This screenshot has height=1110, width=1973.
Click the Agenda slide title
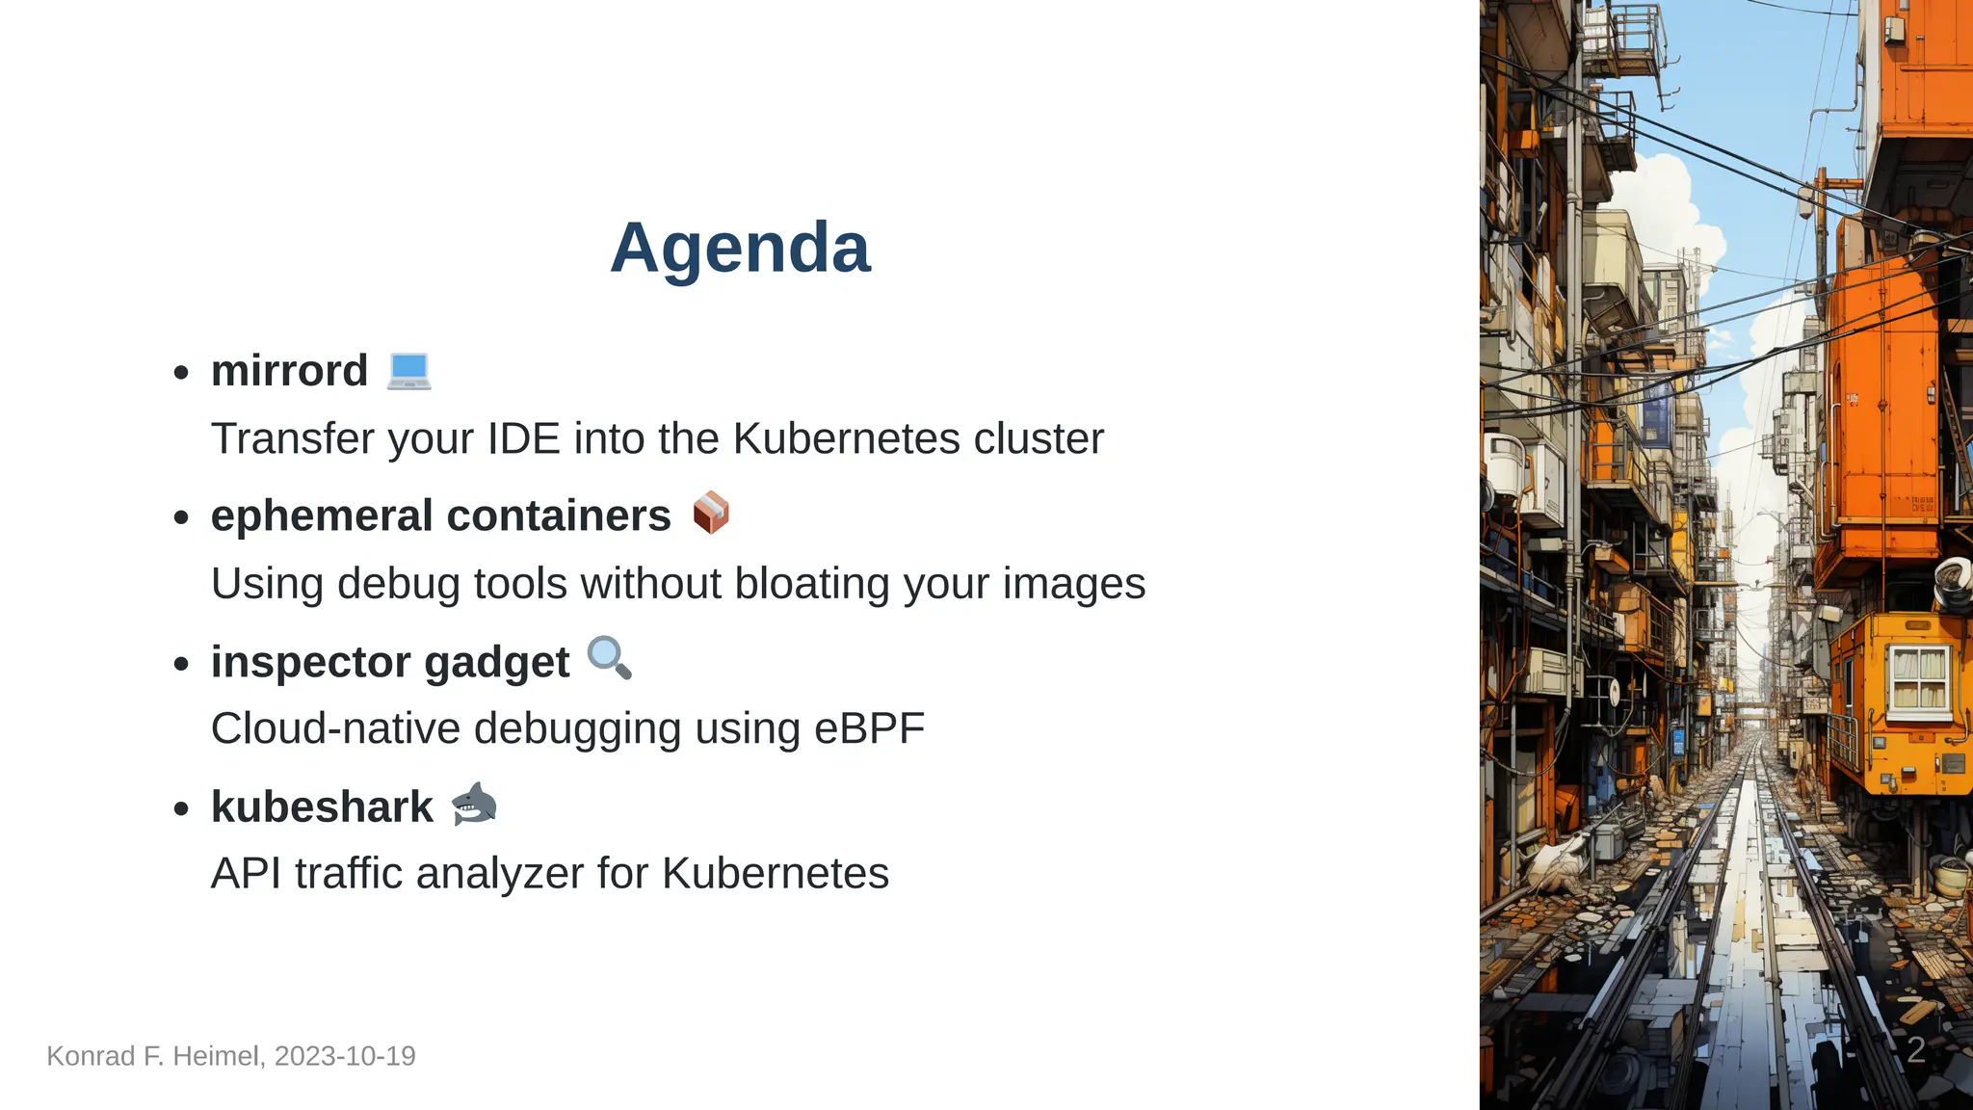(740, 248)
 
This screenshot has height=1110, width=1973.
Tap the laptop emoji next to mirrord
(408, 371)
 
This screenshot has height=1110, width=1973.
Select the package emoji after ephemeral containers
(711, 514)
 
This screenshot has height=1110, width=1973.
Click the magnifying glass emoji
(609, 659)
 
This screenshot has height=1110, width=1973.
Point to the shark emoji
(474, 805)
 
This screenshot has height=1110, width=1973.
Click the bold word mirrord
(289, 371)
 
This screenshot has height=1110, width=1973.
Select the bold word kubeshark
(322, 807)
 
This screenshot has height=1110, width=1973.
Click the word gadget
(496, 663)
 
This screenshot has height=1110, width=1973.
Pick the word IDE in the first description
(523, 439)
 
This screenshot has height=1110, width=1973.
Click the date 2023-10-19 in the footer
(345, 1056)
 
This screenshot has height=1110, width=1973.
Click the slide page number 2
(1915, 1050)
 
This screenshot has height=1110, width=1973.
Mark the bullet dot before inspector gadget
(181, 664)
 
